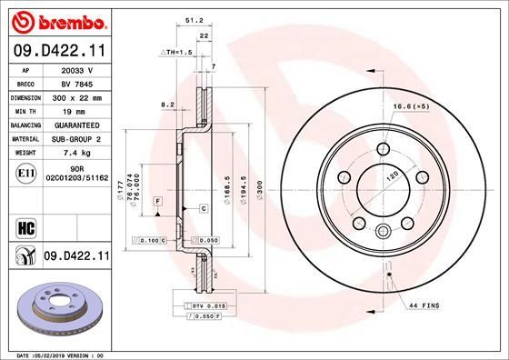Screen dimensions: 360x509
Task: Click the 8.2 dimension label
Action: click(167, 105)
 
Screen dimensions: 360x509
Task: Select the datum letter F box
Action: click(157, 199)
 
